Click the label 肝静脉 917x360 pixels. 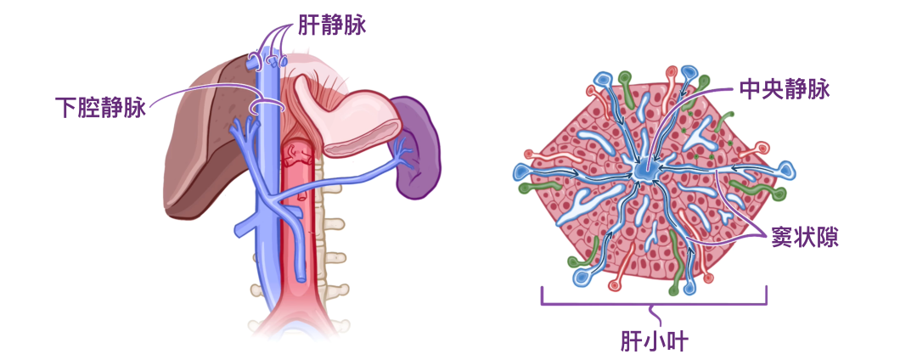click(x=332, y=26)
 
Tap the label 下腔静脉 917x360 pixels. click(x=100, y=108)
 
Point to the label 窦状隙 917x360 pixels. click(x=806, y=236)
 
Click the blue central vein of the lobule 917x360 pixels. click(x=643, y=171)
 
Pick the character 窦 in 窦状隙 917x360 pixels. click(x=783, y=236)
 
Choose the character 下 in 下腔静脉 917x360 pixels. click(x=66, y=108)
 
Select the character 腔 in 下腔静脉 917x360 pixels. click(x=89, y=108)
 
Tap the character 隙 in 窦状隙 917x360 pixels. click(x=829, y=236)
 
